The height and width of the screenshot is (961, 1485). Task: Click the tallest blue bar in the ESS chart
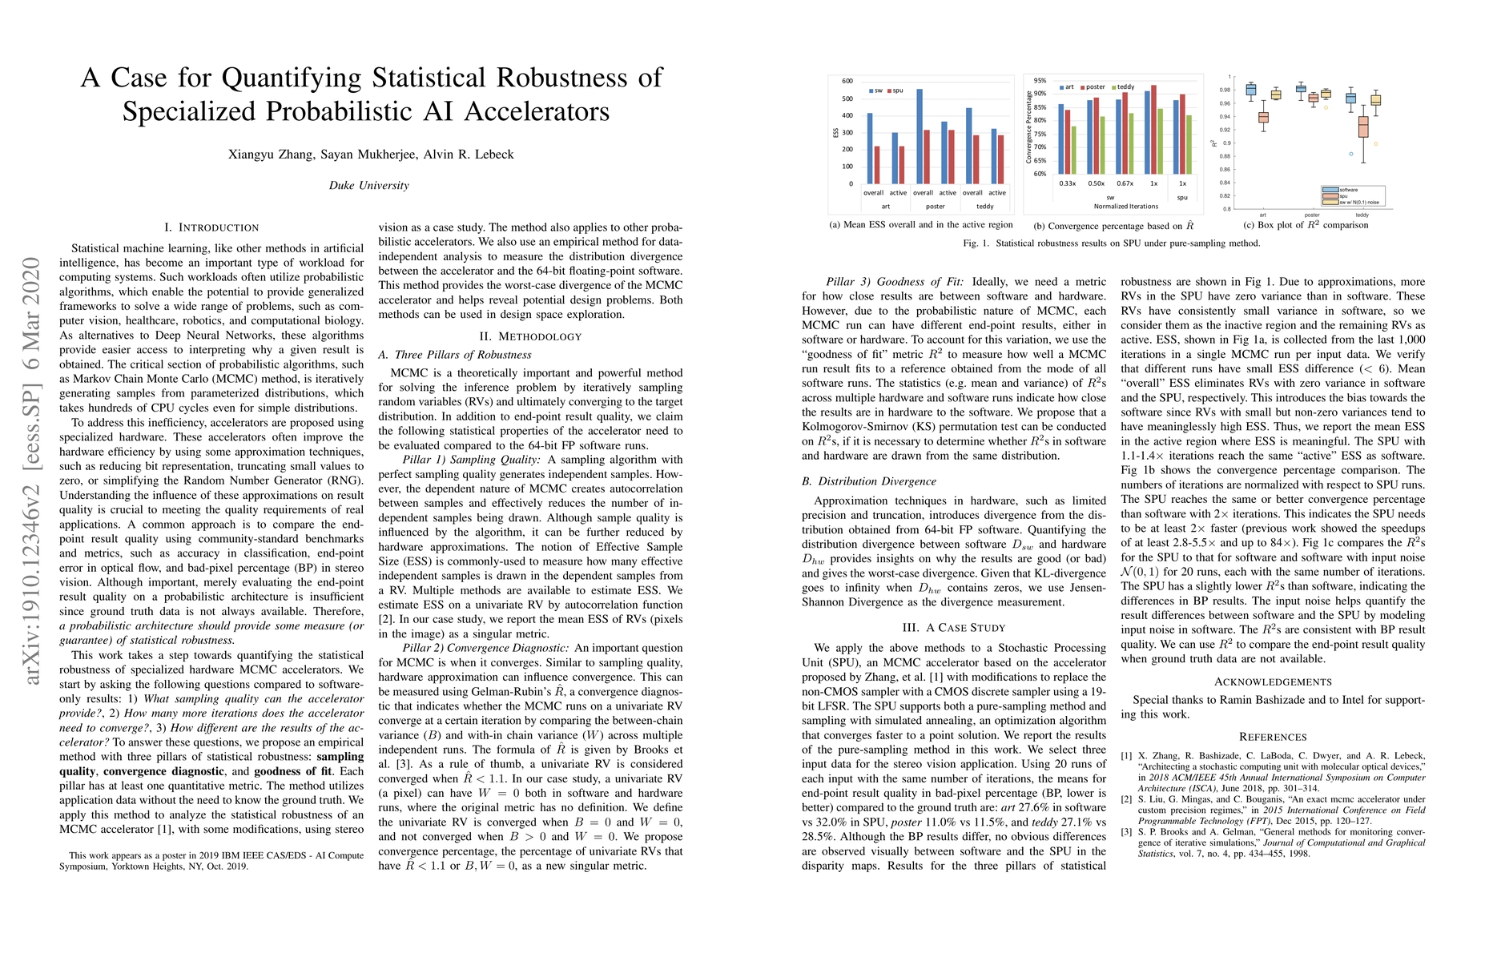coord(920,136)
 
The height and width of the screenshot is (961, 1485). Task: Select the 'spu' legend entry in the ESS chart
coord(895,90)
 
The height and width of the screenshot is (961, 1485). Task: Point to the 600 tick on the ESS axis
coord(847,81)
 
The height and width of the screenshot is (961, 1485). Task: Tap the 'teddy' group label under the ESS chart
coord(984,206)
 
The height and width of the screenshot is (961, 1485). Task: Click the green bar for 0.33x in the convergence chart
coord(1073,150)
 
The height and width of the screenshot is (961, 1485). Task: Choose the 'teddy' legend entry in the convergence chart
coord(1123,86)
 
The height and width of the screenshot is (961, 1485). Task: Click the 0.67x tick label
coord(1125,183)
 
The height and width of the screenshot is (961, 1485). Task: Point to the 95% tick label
coord(1040,81)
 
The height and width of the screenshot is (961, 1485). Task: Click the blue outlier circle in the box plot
coord(1350,154)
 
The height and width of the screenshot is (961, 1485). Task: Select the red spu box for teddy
coord(1363,127)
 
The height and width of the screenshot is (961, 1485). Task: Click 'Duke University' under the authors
coord(368,186)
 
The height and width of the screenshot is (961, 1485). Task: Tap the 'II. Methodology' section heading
coord(530,336)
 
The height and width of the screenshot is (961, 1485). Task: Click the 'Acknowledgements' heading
coord(1273,682)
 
